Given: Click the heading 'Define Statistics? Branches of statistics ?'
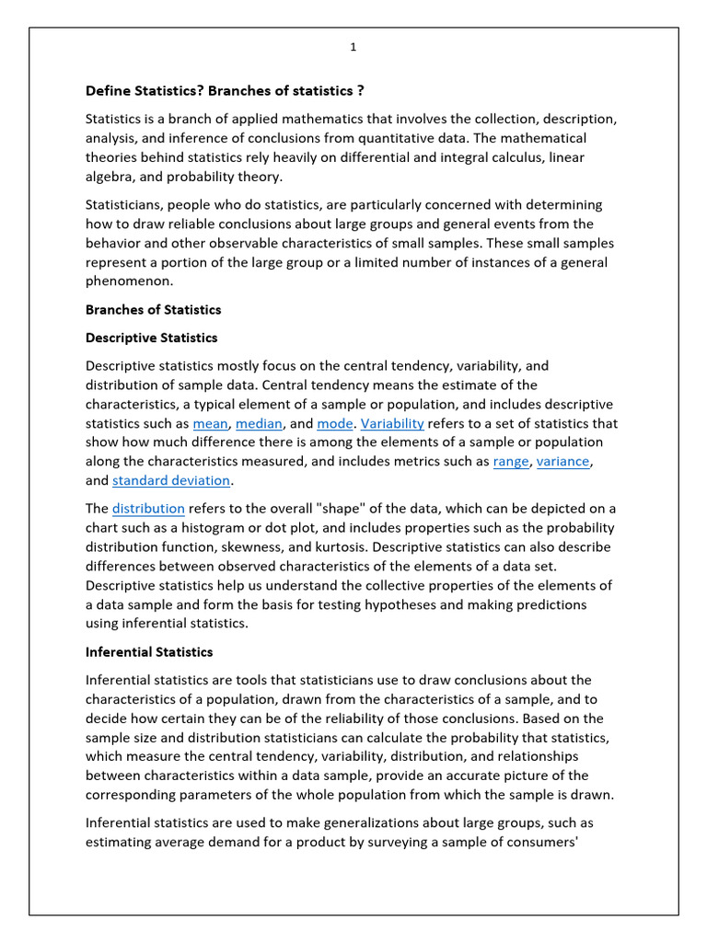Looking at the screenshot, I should point(230,90).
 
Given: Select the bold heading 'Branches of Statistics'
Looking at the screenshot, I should point(153,309).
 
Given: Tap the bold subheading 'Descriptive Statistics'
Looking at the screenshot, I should point(151,338).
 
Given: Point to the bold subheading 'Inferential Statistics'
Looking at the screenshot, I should point(149,651).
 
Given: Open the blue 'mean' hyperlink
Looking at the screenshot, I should point(210,423).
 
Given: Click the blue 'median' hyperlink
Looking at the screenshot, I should point(260,423).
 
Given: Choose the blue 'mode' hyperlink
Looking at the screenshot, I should point(334,423).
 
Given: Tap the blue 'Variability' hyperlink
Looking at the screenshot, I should point(392,423).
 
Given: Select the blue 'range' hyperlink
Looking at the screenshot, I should point(511,461).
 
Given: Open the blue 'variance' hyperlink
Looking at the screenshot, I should point(564,461).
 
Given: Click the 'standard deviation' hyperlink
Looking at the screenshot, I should point(171,480).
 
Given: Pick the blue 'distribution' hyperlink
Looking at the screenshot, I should point(148,509).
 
